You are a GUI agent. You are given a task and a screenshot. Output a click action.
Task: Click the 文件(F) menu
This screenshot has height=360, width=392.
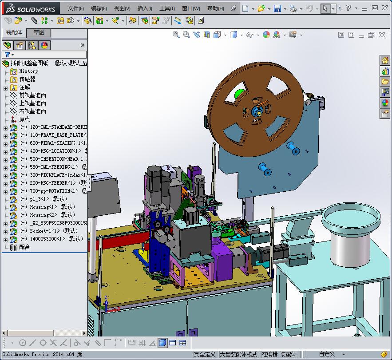tap(75, 8)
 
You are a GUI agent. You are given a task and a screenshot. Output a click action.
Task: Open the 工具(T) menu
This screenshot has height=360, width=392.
tap(167, 8)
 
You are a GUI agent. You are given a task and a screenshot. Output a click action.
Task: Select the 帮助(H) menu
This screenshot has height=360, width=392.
tap(216, 8)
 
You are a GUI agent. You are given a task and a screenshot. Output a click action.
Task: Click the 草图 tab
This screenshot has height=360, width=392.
tap(39, 32)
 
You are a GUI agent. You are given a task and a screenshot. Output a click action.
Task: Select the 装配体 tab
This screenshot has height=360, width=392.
tap(14, 32)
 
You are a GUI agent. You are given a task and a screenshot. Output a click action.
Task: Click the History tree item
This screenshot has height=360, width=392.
tap(28, 71)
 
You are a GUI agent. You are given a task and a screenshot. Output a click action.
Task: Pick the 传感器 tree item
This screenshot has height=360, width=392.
tap(27, 79)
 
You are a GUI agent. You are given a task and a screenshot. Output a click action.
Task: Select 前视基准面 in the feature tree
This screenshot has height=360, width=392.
tap(32, 95)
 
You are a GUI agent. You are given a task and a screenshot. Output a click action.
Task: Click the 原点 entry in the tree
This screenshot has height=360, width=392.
tap(24, 119)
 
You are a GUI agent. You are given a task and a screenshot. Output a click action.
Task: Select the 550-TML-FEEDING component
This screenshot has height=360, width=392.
tap(53, 167)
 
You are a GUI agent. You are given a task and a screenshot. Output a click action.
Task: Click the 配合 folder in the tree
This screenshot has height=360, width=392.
tap(24, 247)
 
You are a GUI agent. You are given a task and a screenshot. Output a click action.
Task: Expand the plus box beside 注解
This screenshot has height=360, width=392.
tap(5, 87)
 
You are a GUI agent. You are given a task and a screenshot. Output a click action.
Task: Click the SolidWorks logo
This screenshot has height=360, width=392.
tap(30, 8)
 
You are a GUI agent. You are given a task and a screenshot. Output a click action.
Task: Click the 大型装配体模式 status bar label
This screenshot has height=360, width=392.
tap(238, 354)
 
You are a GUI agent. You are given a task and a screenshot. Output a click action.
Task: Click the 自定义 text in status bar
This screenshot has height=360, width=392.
tap(327, 354)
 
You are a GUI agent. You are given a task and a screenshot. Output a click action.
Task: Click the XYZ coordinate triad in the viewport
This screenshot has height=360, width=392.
tap(105, 304)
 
